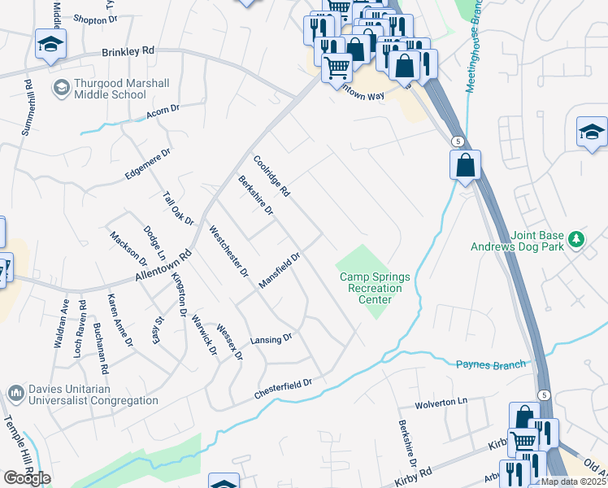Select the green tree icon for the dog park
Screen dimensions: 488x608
click(576, 238)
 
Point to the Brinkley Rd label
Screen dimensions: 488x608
click(128, 51)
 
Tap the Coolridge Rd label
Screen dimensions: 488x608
click(271, 176)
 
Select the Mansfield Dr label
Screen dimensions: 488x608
click(280, 270)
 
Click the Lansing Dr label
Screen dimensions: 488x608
click(271, 339)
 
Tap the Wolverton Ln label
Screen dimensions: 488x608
click(442, 402)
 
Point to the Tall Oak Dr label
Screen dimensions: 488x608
click(178, 209)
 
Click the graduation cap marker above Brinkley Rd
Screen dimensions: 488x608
click(50, 46)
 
